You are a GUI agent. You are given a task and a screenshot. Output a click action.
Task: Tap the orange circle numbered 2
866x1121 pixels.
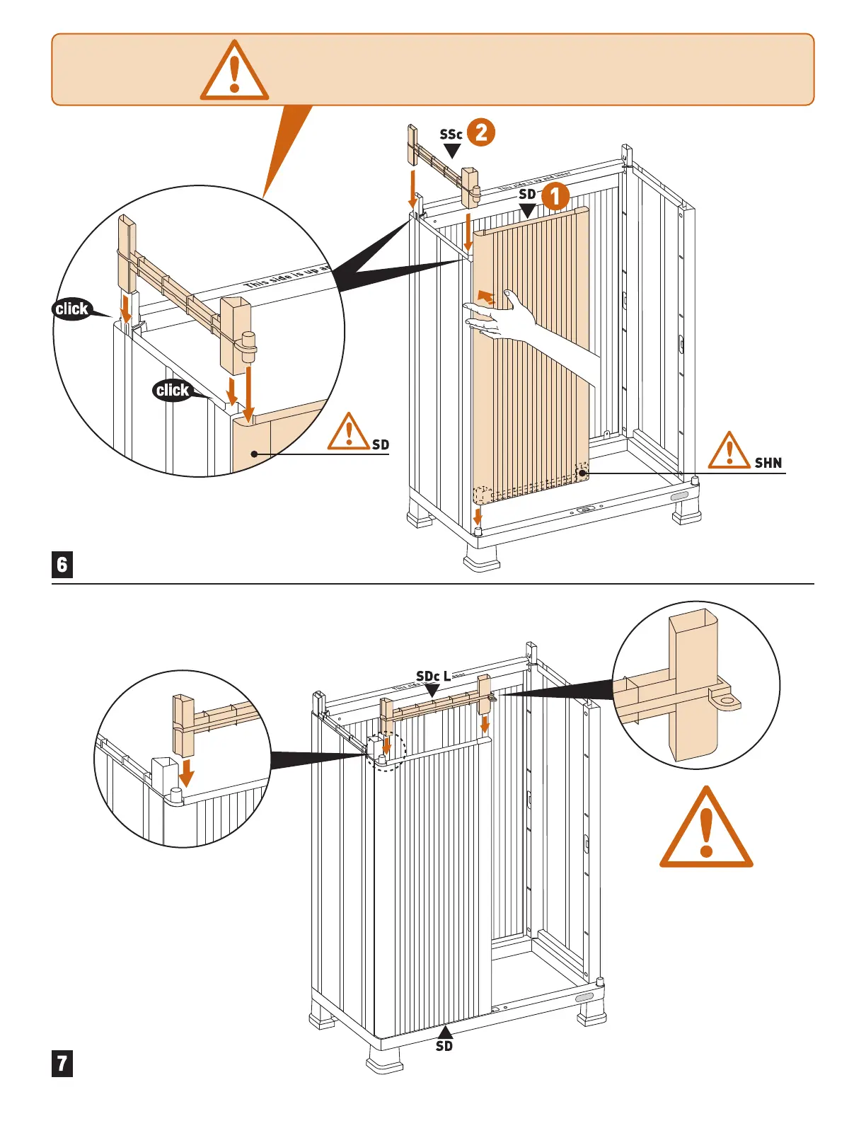(481, 132)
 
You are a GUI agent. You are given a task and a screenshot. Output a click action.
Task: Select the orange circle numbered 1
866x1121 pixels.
(555, 196)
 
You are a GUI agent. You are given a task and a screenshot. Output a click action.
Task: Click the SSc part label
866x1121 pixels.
(451, 134)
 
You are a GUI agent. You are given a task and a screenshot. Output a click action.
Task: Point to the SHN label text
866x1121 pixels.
(768, 463)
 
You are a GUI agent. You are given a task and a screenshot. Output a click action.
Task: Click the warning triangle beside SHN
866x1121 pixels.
(729, 452)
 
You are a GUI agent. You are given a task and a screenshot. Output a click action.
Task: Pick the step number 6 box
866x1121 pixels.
(62, 564)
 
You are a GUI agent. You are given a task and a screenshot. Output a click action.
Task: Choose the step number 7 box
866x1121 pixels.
(62, 1063)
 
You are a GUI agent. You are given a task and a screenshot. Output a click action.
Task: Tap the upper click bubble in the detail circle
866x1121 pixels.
(71, 309)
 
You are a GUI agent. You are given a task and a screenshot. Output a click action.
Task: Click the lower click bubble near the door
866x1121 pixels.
(173, 390)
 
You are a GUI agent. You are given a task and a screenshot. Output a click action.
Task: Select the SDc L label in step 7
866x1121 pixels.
(433, 677)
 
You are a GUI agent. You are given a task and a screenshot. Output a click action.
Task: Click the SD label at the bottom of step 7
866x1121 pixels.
(444, 1046)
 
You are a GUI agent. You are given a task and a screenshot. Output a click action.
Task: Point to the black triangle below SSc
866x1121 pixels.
(452, 151)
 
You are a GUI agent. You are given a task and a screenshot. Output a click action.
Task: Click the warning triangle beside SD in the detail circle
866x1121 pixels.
(348, 433)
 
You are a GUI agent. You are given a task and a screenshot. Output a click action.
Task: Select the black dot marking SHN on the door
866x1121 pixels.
(582, 473)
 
